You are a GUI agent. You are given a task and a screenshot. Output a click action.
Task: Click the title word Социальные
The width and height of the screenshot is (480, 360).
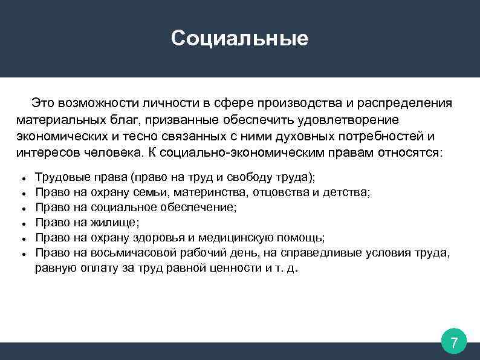239,39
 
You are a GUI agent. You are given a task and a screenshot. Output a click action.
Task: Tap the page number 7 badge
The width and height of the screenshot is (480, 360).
454,343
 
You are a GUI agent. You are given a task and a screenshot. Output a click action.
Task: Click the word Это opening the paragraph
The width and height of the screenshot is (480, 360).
44,103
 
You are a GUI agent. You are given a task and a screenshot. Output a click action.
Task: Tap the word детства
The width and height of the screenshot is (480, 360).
344,192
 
